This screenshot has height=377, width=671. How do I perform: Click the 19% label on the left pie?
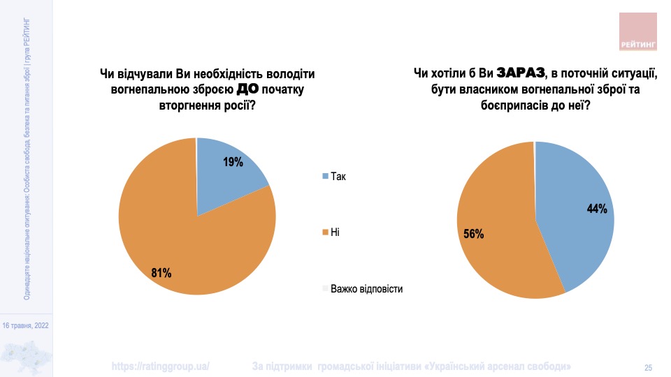(233, 162)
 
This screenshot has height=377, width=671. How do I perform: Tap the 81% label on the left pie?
(161, 273)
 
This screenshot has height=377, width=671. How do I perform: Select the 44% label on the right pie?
(597, 208)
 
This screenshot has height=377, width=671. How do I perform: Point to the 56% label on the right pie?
(474, 234)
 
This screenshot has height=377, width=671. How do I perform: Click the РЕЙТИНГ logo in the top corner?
(639, 32)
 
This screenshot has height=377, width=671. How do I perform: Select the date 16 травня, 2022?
(27, 325)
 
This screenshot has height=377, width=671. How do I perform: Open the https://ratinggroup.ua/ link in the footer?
(161, 367)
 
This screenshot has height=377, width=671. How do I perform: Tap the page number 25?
(648, 367)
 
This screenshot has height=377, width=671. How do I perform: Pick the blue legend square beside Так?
(324, 176)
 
